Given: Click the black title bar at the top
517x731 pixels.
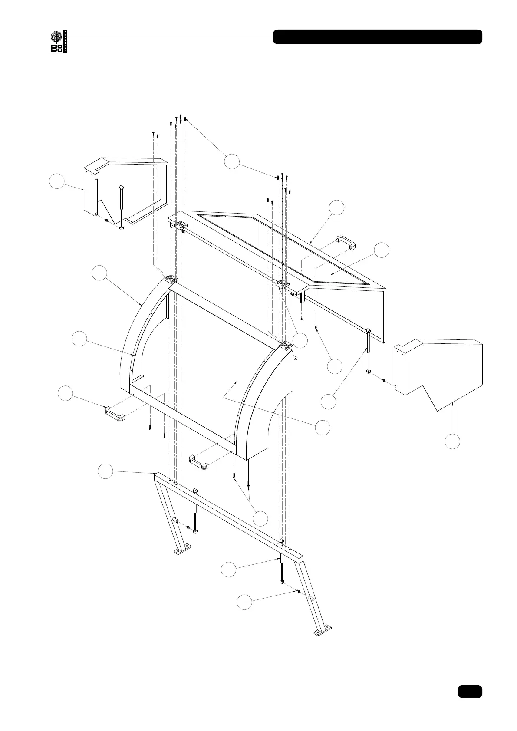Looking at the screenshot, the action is point(377,37).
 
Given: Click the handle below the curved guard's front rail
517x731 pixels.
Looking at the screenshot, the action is point(199,462).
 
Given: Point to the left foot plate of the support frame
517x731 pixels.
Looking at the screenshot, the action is point(182,551).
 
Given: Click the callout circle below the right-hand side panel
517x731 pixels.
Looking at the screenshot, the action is point(452,441).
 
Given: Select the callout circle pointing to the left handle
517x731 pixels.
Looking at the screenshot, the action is point(66,393).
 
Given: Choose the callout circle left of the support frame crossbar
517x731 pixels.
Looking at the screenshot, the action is point(105,471).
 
